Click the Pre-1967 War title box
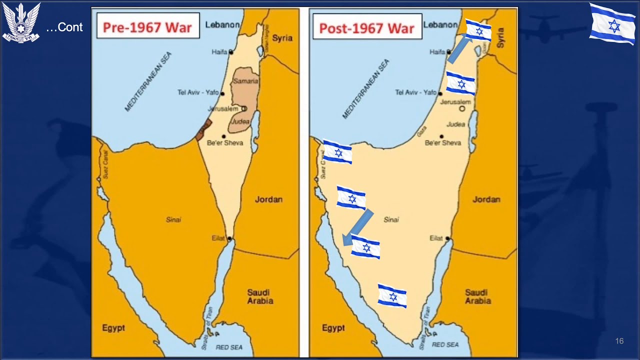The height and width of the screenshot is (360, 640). click(x=147, y=27)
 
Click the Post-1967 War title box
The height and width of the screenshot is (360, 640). click(x=366, y=28)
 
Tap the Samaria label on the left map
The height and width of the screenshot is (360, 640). click(x=246, y=81)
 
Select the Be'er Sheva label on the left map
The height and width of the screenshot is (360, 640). click(x=225, y=143)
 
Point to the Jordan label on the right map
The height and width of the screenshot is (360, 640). click(x=486, y=199)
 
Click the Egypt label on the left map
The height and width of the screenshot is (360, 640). click(x=113, y=328)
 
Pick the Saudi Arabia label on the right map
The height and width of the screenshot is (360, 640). click(x=477, y=296)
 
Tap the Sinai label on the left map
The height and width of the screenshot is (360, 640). click(x=173, y=219)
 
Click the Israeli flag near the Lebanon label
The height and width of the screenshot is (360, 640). click(x=478, y=30)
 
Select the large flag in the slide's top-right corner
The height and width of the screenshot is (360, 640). click(x=612, y=23)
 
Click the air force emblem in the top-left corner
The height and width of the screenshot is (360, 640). click(x=21, y=23)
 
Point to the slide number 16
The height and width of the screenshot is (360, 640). click(x=619, y=341)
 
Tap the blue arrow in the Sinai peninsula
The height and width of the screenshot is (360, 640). click(x=358, y=227)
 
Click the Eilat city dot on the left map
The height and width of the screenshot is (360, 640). click(x=229, y=238)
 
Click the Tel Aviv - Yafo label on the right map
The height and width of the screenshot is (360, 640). click(x=415, y=92)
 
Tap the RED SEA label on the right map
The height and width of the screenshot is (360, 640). click(x=445, y=344)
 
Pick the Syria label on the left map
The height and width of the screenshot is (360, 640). click(x=282, y=38)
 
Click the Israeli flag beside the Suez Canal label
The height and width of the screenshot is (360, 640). click(x=337, y=151)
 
